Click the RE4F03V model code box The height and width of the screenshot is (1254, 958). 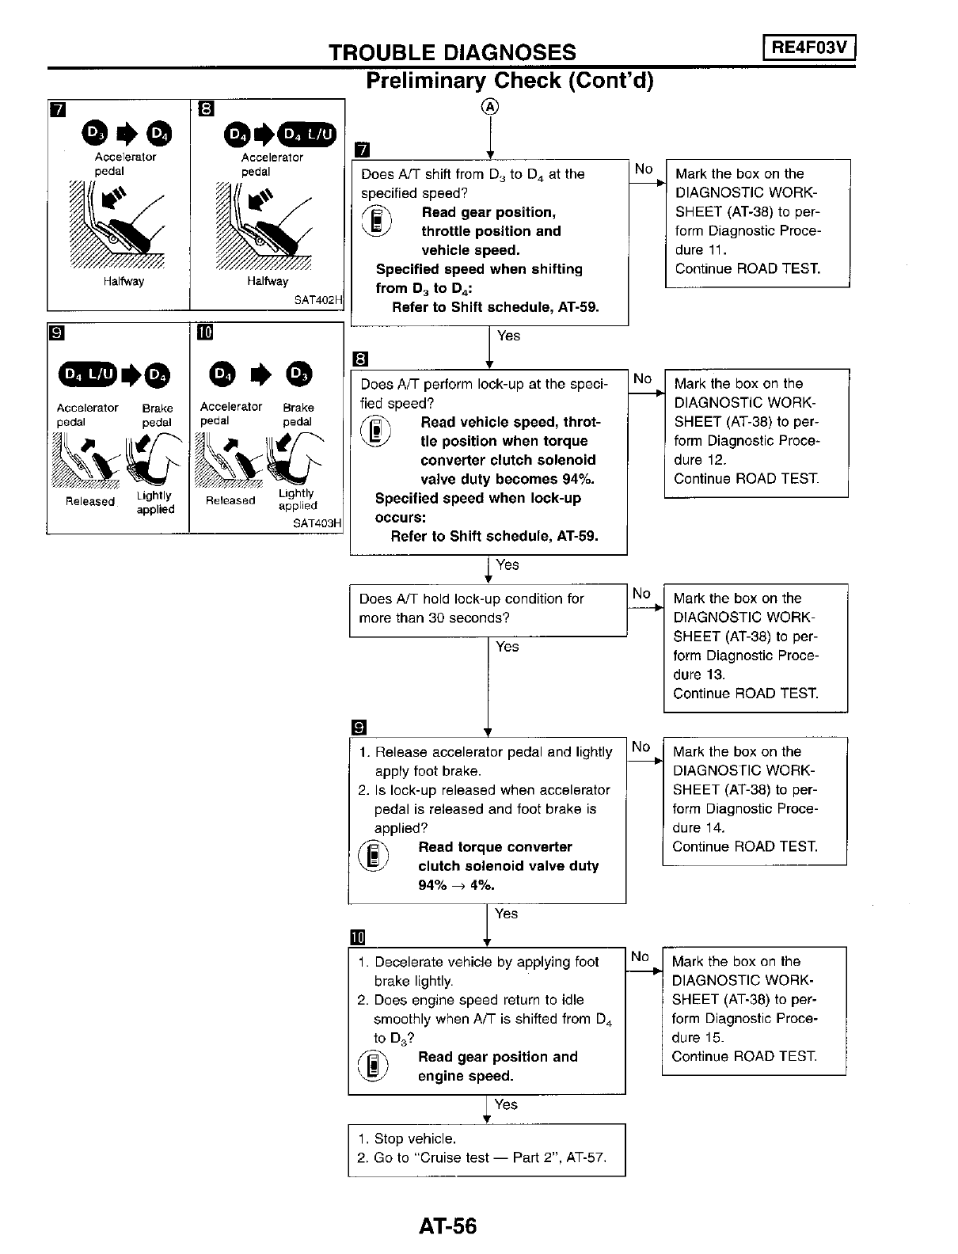[809, 48]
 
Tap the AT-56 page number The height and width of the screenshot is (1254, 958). [448, 1225]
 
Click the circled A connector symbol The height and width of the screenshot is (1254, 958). [490, 108]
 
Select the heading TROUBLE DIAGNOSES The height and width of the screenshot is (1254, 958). [452, 52]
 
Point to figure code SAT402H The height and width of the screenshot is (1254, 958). [317, 300]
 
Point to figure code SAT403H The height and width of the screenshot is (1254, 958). [317, 523]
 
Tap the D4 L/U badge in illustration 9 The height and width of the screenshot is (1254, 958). [87, 374]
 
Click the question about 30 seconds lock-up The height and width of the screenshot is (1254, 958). [488, 609]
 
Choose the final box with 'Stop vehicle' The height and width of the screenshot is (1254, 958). [486, 1149]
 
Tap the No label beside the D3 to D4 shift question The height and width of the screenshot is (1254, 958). [644, 169]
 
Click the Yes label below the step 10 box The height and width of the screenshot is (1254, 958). [506, 1104]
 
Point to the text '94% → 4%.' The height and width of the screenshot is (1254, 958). [456, 885]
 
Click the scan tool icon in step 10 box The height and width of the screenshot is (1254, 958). [373, 1066]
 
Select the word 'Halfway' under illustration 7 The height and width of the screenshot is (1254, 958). [124, 281]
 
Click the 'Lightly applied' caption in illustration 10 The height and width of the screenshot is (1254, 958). [297, 499]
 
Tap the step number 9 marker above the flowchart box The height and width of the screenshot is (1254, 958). [359, 726]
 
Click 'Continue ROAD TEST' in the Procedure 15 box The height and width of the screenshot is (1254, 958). [744, 1056]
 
